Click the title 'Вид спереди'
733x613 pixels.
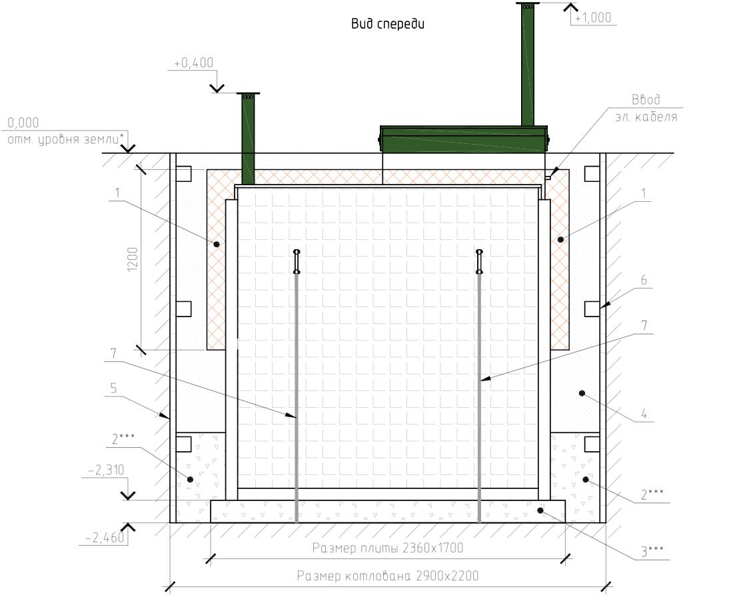[x=388, y=24]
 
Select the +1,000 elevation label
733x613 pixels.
[x=593, y=18]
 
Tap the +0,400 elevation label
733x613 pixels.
[x=193, y=63]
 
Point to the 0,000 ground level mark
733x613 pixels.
[x=23, y=123]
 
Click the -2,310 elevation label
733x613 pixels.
[x=106, y=470]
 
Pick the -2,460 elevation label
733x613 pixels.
[x=105, y=538]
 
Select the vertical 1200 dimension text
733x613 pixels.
[x=133, y=259]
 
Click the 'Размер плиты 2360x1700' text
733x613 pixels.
[x=388, y=548]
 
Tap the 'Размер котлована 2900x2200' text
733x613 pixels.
[x=388, y=576]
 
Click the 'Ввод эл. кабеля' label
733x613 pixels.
[x=646, y=108]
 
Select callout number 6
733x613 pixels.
[x=644, y=281]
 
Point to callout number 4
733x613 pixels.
[x=644, y=414]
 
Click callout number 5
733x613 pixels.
[x=113, y=388]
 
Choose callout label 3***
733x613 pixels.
[x=652, y=551]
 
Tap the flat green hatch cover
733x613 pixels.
[x=464, y=139]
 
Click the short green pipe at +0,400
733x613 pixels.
[x=249, y=139]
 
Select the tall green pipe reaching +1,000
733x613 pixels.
[x=528, y=64]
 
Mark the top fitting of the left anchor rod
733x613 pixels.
[x=297, y=262]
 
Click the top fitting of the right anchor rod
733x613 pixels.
[x=479, y=262]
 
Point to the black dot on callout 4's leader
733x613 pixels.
[x=582, y=393]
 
